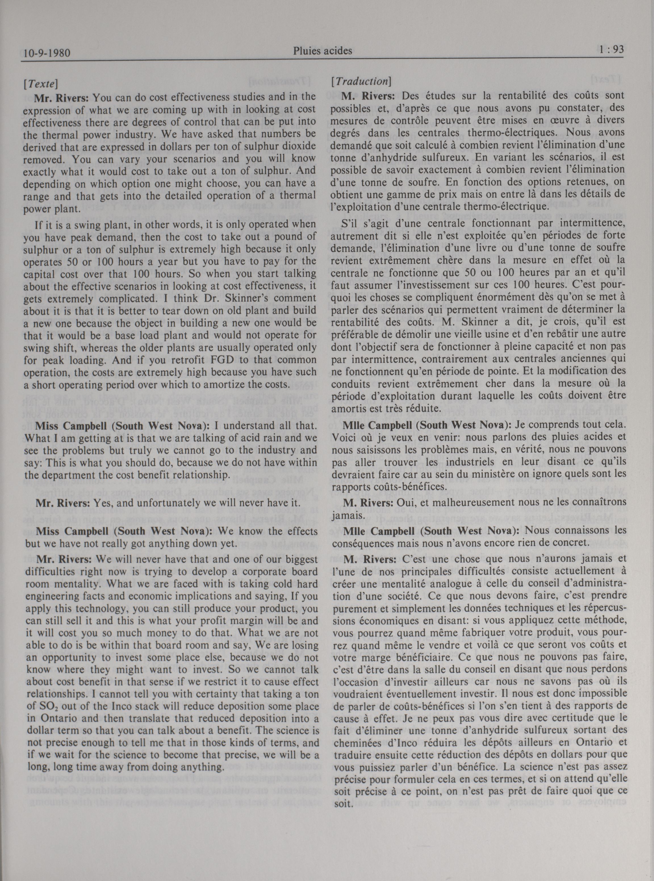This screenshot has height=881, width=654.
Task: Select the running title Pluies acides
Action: [323, 51]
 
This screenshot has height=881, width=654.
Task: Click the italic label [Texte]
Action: [41, 83]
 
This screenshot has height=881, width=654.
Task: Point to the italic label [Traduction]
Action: [361, 81]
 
